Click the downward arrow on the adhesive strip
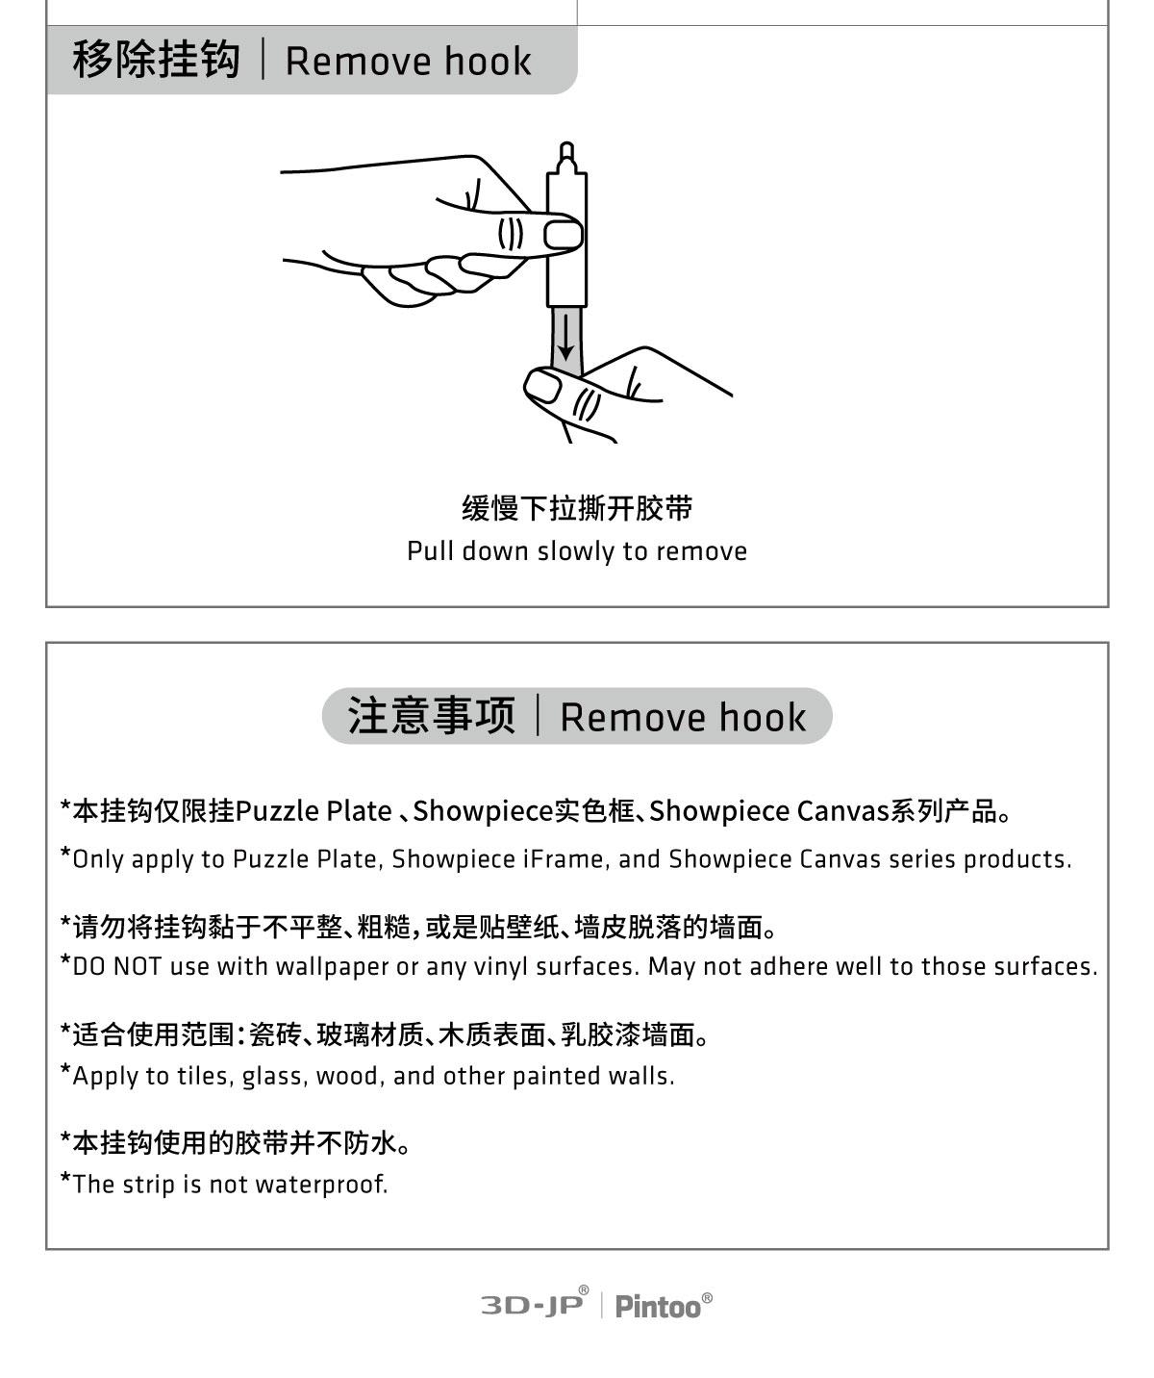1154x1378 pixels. click(566, 338)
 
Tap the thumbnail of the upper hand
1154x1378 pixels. click(564, 234)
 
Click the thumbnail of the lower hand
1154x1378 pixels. click(542, 388)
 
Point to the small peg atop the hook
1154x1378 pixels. click(566, 155)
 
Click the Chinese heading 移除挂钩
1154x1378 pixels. click(156, 61)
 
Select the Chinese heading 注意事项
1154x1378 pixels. click(432, 716)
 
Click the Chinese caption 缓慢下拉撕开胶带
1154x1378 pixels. click(577, 508)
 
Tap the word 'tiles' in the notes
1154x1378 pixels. click(204, 1076)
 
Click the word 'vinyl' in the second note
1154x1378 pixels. click(501, 966)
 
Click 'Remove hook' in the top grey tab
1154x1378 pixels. click(408, 61)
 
